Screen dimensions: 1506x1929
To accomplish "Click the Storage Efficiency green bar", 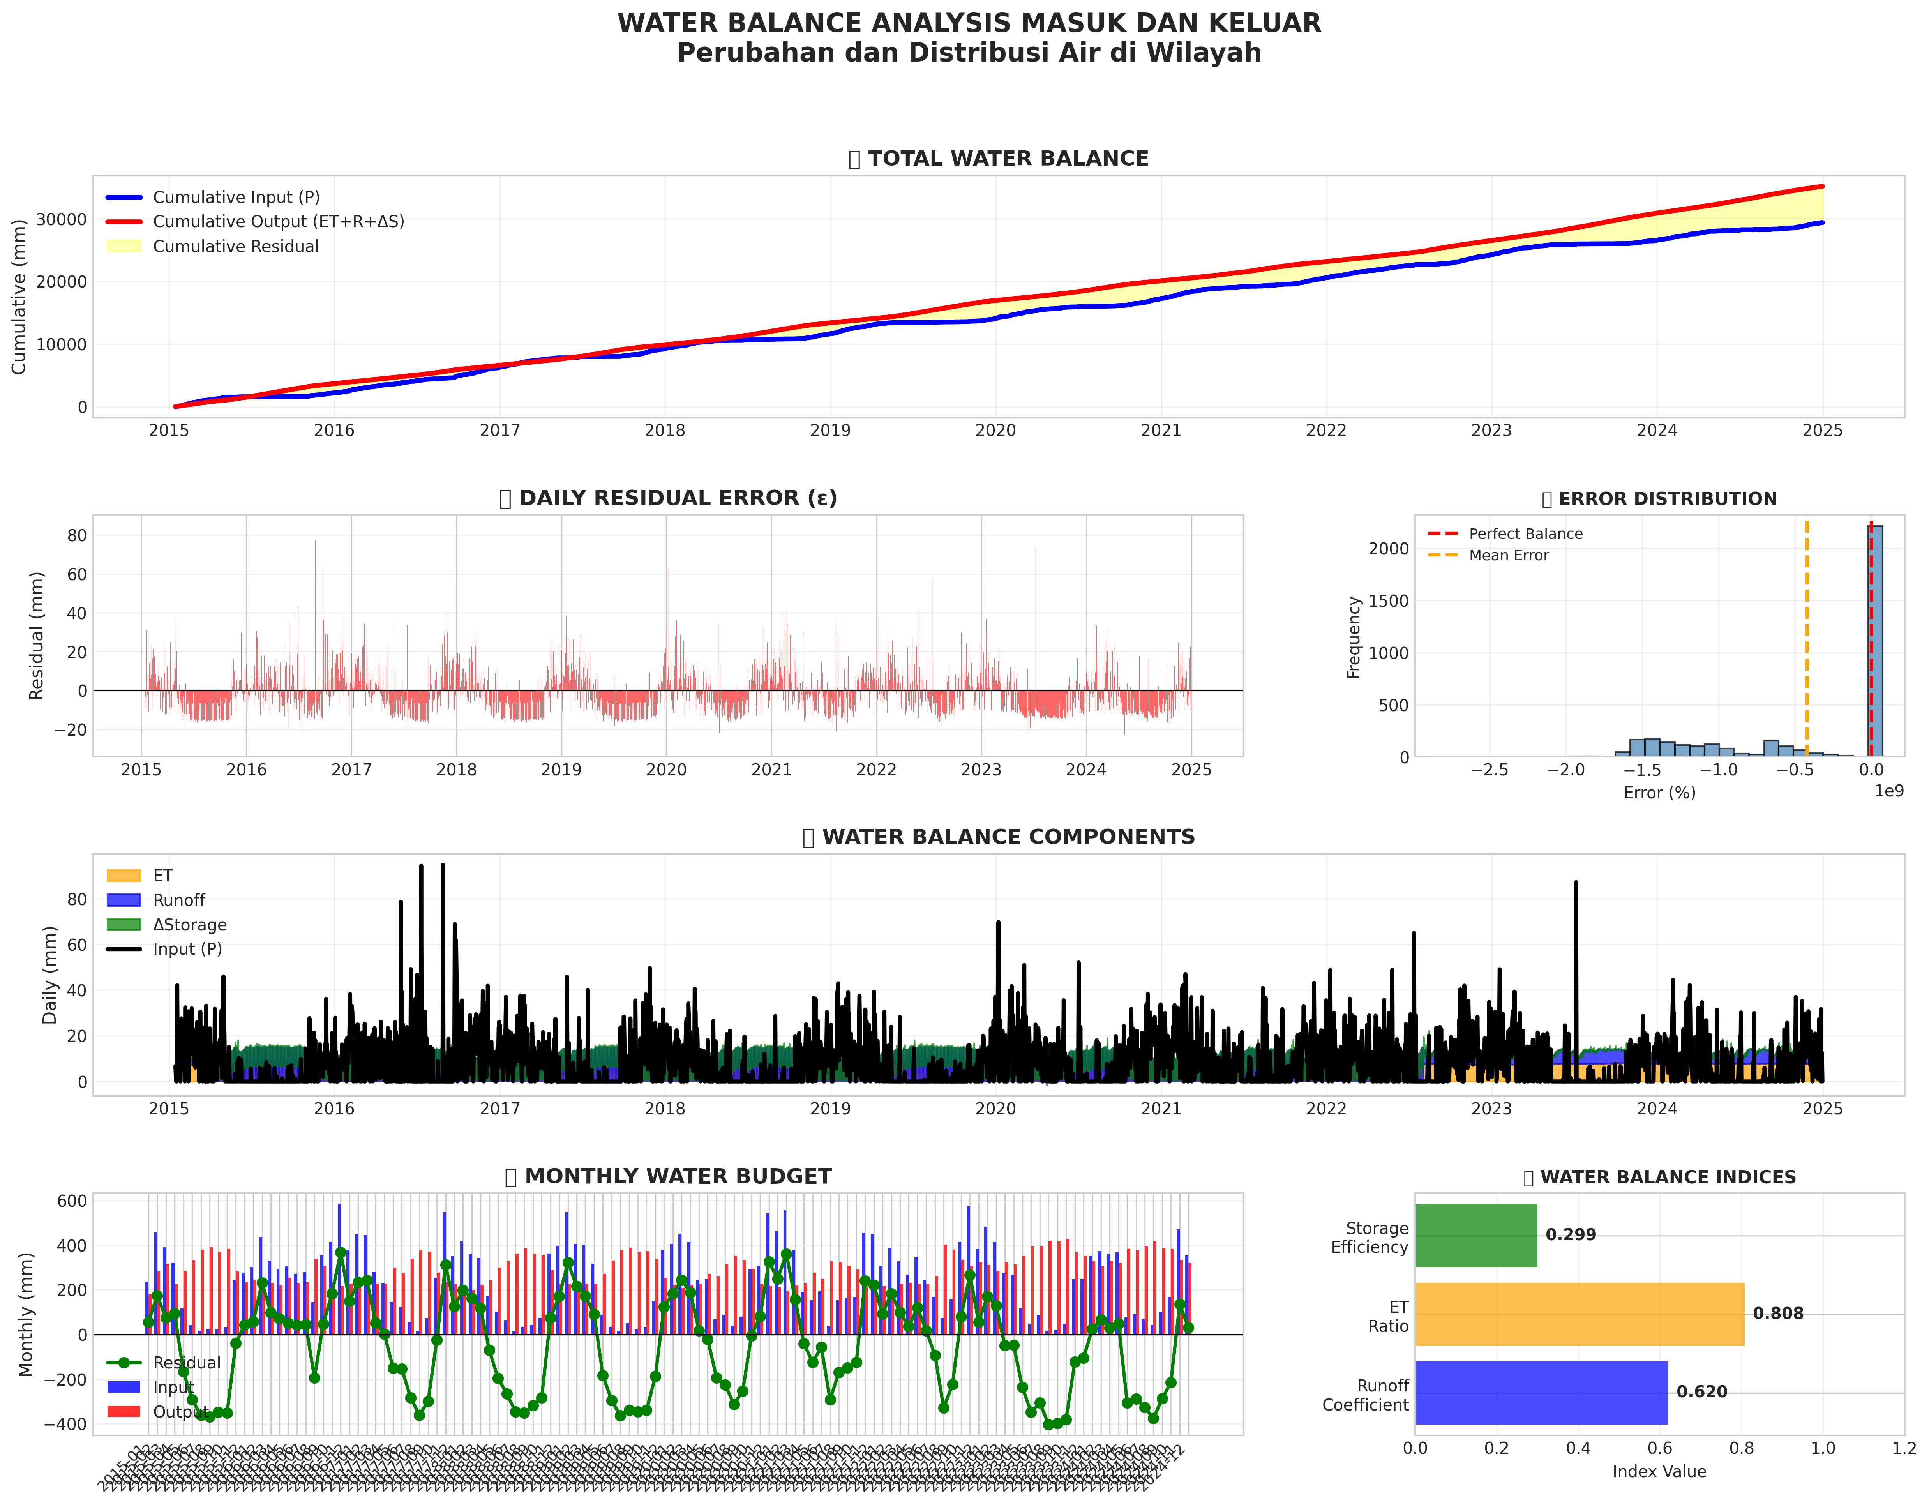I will pos(1475,1235).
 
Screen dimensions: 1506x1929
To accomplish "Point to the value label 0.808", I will pos(1778,1314).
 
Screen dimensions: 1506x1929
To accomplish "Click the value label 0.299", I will pos(1571,1235).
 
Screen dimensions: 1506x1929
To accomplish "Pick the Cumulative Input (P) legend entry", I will pos(236,197).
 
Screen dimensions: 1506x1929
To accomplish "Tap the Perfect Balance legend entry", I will pos(1525,533).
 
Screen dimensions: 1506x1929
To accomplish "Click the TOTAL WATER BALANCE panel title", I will pos(1008,159).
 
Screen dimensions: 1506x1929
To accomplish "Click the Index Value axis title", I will pos(1659,1472).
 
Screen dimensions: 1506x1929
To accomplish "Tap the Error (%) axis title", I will pos(1659,792).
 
